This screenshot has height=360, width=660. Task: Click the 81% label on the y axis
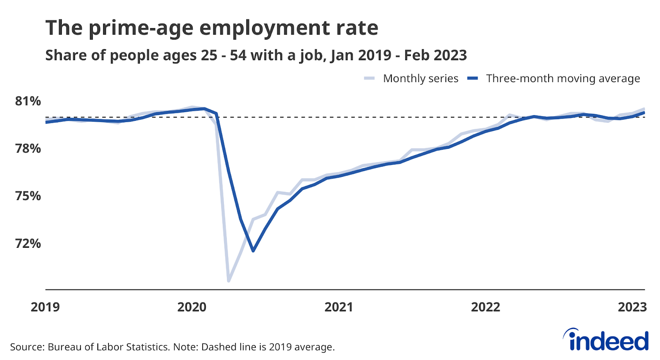pyautogui.click(x=28, y=101)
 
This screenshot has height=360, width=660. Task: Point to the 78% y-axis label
pyautogui.click(x=28, y=148)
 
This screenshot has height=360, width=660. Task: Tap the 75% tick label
pyautogui.click(x=28, y=196)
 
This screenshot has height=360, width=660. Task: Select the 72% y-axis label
pyautogui.click(x=28, y=243)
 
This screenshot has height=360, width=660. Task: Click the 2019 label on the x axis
pyautogui.click(x=45, y=307)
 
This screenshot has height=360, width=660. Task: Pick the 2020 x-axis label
pyautogui.click(x=192, y=307)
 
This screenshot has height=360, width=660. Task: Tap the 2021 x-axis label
pyautogui.click(x=339, y=307)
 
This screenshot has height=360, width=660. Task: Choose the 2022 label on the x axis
pyautogui.click(x=486, y=307)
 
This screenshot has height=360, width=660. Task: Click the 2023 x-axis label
pyautogui.click(x=632, y=307)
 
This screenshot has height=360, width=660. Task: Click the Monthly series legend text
pyautogui.click(x=420, y=78)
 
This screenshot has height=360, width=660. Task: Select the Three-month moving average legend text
pyautogui.click(x=563, y=78)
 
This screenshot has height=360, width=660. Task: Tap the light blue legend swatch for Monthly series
pyautogui.click(x=369, y=78)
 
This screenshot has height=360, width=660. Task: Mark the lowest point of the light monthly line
pyautogui.click(x=229, y=281)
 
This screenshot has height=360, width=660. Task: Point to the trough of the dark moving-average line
pyautogui.click(x=253, y=251)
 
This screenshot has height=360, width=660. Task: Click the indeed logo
pyautogui.click(x=606, y=340)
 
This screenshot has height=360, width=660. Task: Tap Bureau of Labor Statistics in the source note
pyautogui.click(x=108, y=347)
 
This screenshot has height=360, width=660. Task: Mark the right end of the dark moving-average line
pyautogui.click(x=644, y=113)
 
